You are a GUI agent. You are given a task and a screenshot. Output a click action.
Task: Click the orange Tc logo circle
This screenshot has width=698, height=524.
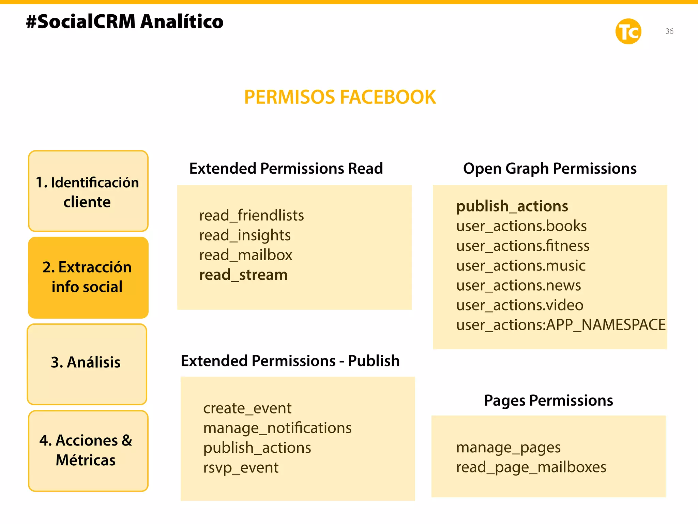point(628,31)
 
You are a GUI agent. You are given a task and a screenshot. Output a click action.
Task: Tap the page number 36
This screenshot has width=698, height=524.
point(669,31)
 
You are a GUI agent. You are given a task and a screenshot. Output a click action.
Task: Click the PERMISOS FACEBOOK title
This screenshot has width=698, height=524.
point(340,97)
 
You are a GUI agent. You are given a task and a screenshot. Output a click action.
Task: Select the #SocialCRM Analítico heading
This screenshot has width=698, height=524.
point(125,22)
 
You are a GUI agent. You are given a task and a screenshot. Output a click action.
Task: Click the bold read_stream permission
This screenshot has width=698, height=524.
point(243,275)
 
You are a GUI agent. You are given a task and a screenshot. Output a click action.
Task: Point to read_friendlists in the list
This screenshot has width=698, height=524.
point(252,216)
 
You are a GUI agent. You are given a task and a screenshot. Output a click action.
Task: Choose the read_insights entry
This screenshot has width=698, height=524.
point(245,235)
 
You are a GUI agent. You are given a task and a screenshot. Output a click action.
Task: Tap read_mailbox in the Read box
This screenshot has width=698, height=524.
point(246,255)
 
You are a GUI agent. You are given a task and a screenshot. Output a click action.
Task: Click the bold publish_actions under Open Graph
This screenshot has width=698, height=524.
point(512,206)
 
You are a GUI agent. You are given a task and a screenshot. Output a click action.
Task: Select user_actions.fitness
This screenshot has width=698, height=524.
point(522,246)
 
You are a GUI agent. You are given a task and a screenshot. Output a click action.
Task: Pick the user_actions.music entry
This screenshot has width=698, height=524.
point(521,266)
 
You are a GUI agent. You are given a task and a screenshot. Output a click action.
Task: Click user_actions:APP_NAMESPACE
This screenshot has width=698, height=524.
point(561,325)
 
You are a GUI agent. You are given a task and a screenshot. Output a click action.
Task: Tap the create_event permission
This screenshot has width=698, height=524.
point(247,408)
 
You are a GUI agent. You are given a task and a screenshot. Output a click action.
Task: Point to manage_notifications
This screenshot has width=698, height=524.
point(277,428)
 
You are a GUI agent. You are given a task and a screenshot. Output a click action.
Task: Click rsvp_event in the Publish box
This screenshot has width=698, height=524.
point(241,468)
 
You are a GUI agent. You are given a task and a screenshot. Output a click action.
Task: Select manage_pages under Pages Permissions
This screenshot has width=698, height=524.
point(508,448)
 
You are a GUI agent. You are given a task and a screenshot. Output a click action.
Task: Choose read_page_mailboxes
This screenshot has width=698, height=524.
point(531,467)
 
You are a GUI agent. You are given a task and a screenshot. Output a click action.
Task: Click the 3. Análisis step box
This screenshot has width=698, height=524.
point(87,364)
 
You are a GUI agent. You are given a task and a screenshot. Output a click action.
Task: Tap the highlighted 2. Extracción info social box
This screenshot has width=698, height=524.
point(88,277)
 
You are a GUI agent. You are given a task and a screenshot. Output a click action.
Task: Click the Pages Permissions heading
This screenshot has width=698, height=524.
point(548,401)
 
